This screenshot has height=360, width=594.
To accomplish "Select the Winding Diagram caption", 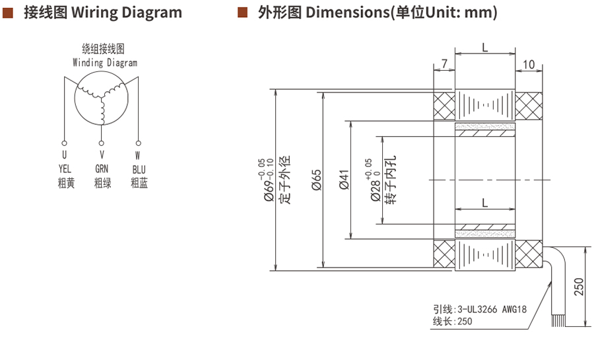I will point(105,63).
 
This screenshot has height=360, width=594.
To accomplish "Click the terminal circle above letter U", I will point(64,143).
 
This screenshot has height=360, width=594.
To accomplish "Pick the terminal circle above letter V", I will point(102,143).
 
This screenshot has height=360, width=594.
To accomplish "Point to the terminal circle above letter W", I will point(139,143).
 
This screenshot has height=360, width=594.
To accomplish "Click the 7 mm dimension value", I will point(444,63).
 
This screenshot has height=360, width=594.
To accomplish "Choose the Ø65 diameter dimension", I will point(316,180).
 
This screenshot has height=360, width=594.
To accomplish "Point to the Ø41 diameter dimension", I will point(344,180).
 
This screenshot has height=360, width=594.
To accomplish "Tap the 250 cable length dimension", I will point(579,287).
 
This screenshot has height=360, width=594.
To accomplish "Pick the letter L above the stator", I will point(484,48).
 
